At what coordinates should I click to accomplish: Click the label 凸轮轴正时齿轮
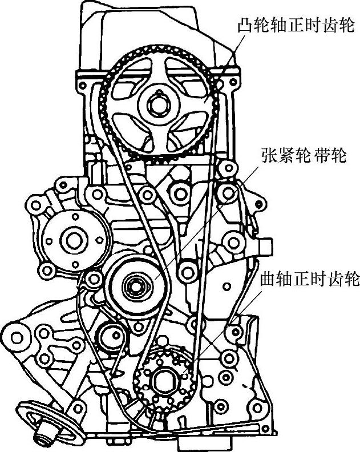pos(296,26)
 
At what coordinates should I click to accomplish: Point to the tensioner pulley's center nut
pos(135,282)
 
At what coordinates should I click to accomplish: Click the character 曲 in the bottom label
pos(266,280)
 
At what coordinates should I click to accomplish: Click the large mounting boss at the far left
pos(17,337)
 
